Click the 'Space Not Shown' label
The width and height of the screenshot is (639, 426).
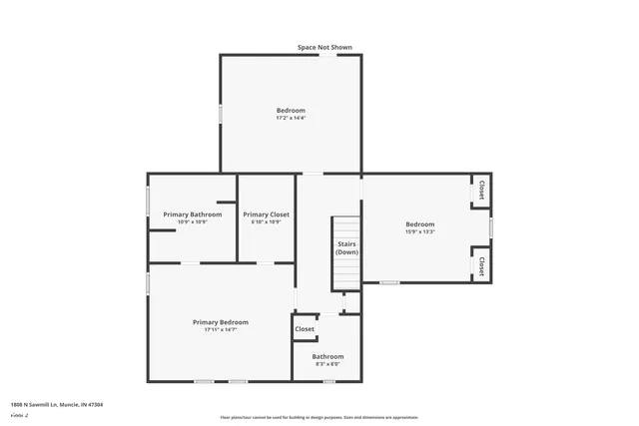point(324,47)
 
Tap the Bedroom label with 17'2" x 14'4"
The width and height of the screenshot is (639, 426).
point(291,110)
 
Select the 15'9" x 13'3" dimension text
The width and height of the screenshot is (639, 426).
point(419,231)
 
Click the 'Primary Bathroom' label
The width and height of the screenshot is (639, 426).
point(193,214)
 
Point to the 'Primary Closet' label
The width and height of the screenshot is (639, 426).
point(266,214)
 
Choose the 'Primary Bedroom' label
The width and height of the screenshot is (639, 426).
point(220,322)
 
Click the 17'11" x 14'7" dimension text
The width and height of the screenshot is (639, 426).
point(220,330)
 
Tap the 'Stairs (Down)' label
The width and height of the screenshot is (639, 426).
point(346,248)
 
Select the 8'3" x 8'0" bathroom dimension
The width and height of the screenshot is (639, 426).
point(327,364)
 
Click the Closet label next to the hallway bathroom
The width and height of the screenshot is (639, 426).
point(305,329)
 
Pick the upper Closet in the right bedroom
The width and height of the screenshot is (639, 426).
point(481,190)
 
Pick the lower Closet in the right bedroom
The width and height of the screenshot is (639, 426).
point(481,265)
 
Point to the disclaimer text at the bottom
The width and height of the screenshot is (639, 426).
point(319,417)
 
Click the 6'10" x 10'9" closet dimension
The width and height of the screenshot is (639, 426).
point(266,221)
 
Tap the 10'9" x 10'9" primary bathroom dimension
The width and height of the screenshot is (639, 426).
point(193,221)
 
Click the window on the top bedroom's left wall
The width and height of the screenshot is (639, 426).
point(220,113)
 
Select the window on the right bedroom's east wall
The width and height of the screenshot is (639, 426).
point(491,227)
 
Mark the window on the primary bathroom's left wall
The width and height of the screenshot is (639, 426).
point(149,202)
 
